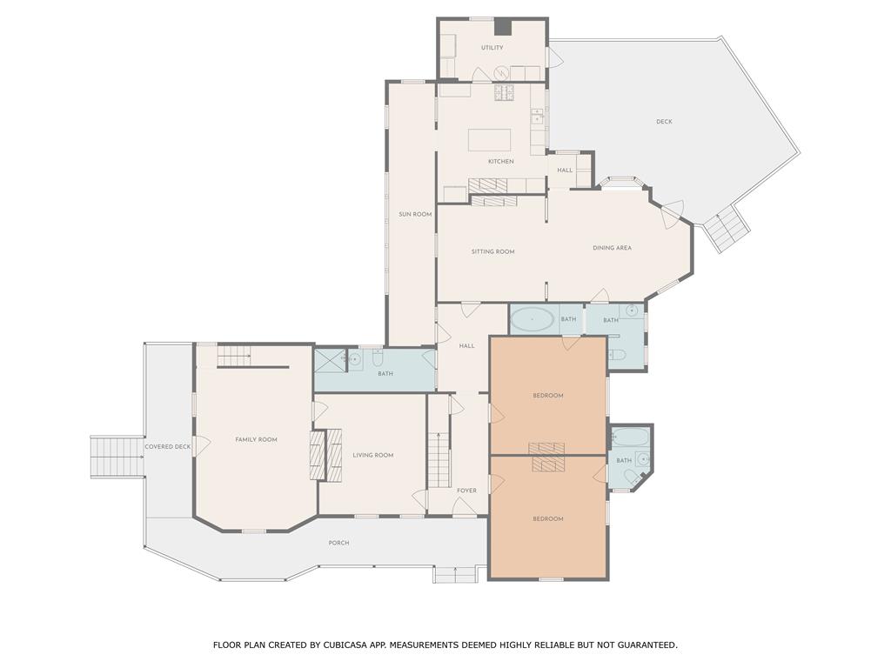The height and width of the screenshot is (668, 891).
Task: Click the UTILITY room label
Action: pos(492,48)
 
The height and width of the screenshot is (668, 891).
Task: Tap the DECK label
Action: pos(664,122)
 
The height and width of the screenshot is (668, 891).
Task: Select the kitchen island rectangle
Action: pos(489,140)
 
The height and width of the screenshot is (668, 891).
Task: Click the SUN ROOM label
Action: pos(415,214)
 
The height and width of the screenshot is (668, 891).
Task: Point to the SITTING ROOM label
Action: pos(493,251)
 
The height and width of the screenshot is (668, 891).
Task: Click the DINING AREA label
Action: pos(612,248)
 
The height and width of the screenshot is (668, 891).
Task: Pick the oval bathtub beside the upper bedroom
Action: pos(533,320)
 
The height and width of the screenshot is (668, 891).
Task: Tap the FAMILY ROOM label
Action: pos(257,439)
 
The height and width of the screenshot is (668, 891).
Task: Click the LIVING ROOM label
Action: pos(373,455)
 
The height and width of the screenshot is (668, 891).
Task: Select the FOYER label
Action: pos(467,491)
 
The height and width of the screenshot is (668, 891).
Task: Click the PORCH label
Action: pos(338,543)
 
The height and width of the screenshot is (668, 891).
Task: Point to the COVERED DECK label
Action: pos(168,446)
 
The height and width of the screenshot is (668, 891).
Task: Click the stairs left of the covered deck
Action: pos(117,458)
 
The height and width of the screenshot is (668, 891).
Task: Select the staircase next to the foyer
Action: pos(439,459)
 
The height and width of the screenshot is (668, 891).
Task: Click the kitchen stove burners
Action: pos(504,92)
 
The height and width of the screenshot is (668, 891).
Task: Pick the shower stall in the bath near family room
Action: pos(330,359)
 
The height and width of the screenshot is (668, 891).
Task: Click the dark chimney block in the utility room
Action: pos(502,27)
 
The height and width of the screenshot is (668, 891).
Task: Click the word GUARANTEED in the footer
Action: pos(647,645)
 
